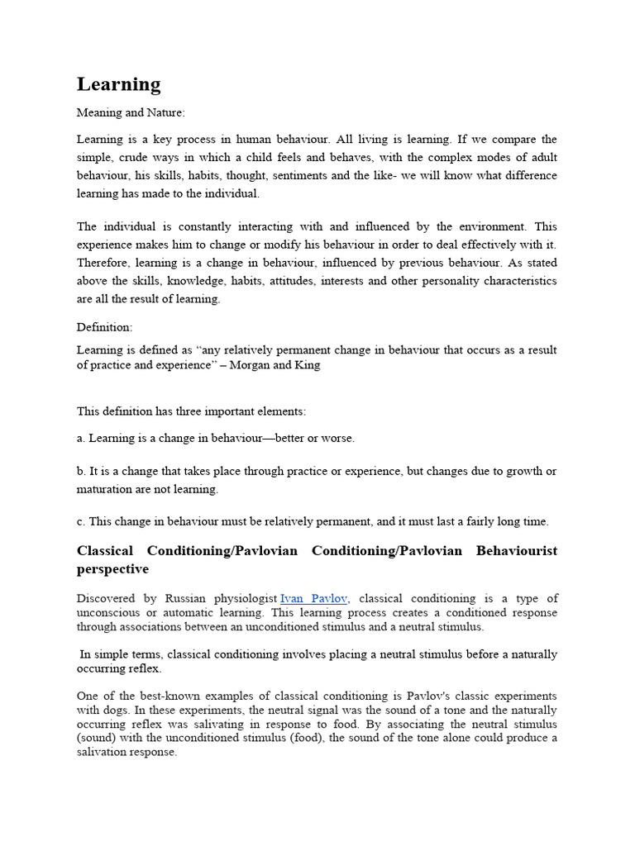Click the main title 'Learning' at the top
[x=118, y=84]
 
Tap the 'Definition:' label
[x=104, y=327]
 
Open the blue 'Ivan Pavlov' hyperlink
[x=313, y=597]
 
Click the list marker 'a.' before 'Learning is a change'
[x=81, y=438]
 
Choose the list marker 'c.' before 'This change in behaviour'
[x=81, y=521]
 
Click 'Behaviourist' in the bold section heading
[x=517, y=550]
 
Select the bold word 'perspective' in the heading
[x=112, y=569]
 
